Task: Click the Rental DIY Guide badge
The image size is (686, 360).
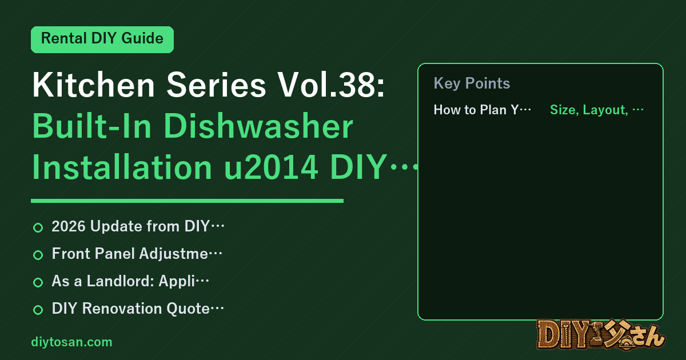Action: pos(102,39)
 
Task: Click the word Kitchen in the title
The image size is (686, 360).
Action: pos(94,85)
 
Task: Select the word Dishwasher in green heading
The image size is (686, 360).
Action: pos(258,126)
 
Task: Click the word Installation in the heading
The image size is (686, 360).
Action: pos(122,167)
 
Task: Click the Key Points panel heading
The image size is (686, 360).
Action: pos(472,83)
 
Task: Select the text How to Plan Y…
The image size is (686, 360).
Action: pos(482,110)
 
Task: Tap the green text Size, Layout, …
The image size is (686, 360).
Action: pos(597,110)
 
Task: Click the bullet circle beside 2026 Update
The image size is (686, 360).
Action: pos(38,227)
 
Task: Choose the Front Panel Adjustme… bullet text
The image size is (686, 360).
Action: pos(137,254)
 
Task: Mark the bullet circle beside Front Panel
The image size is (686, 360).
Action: pos(38,255)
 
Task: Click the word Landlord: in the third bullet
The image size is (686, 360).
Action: pos(120,281)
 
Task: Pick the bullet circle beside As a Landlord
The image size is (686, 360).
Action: pos(38,282)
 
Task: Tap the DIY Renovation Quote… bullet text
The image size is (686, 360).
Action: pos(138,309)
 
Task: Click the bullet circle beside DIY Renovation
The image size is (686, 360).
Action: pos(38,310)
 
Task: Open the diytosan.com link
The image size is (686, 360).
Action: pos(71,342)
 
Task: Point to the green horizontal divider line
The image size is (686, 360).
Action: pos(187,201)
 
